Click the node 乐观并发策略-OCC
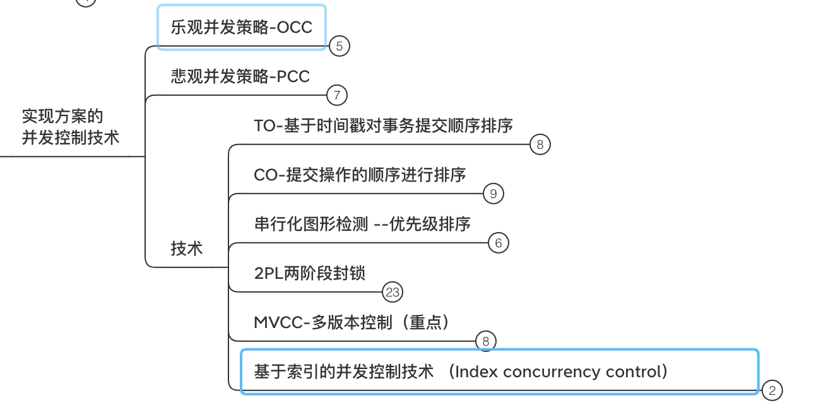[241, 27]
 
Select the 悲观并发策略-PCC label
[240, 76]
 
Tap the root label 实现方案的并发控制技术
[70, 127]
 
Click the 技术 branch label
[187, 249]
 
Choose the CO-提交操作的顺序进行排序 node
[360, 175]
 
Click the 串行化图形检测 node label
[310, 224]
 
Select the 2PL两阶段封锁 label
[309, 273]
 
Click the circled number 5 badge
[340, 46]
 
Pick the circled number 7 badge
[337, 95]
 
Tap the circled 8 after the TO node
[540, 144]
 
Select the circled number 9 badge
[493, 194]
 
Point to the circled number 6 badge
[499, 243]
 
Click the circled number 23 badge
[393, 292]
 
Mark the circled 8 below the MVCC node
[486, 341]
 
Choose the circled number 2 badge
[772, 390]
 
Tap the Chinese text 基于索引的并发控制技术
[344, 372]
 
